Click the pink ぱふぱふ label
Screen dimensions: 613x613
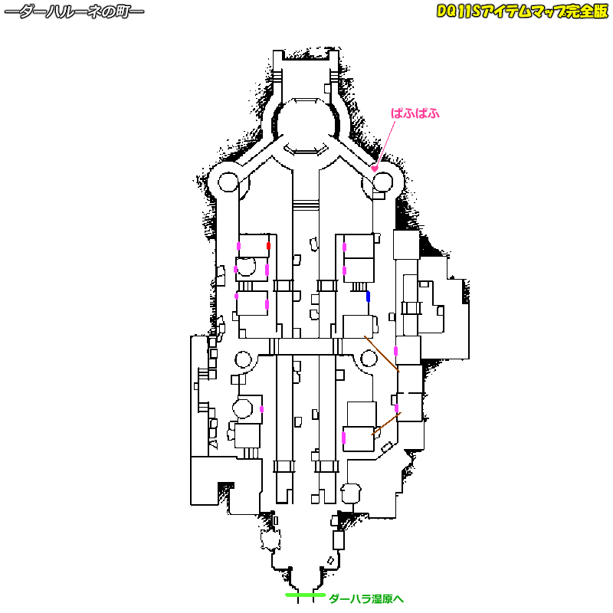415,113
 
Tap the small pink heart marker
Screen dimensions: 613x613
375,169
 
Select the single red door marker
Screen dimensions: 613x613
268,246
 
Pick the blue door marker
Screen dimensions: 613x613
368,296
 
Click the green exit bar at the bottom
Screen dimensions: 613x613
304,595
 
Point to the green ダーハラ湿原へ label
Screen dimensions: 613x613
366,598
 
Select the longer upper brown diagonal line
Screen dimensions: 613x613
381,353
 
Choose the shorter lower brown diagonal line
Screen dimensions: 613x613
385,424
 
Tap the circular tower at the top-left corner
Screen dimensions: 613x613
229,182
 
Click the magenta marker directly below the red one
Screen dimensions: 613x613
267,270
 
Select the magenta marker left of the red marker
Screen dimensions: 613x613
238,246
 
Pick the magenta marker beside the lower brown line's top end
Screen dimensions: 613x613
396,408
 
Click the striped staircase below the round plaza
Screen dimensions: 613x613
306,205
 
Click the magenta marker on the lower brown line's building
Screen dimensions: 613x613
344,438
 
